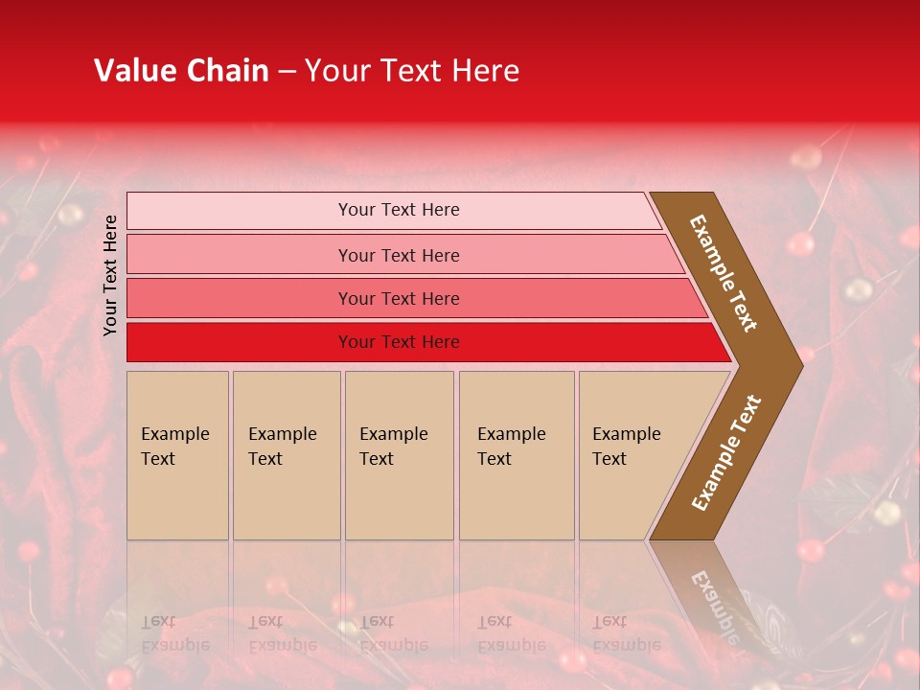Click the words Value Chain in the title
pos(181,71)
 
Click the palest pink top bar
pos(240,211)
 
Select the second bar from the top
pos(240,255)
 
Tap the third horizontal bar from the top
pos(240,298)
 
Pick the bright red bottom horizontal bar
pos(240,342)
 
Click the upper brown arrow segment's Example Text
pos(724,273)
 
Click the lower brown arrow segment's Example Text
pos(726,453)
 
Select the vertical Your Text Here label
pos(110,275)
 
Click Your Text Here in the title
pos(412,71)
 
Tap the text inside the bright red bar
pos(399,342)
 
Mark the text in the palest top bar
pos(399,210)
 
